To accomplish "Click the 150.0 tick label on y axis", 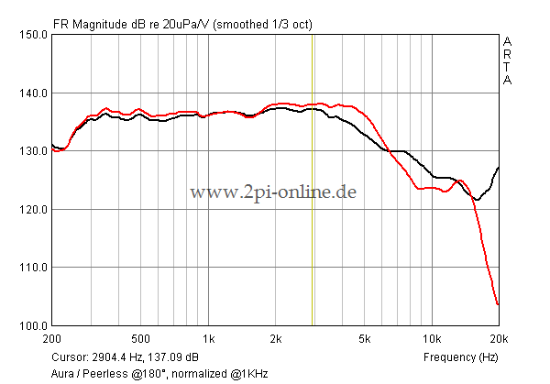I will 32,35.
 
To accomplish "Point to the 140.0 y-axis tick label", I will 32,93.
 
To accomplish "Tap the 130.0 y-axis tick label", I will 32,151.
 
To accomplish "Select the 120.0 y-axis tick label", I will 32,209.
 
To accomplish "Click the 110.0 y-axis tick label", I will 32,268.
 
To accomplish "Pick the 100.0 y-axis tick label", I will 32,325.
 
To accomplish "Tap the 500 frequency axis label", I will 140,338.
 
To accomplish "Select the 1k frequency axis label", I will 209,338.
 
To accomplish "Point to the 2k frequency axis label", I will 276,338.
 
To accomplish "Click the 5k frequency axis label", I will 365,338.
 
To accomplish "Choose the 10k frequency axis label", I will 432,338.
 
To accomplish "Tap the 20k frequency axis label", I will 499,338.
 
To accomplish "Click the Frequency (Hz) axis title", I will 460,356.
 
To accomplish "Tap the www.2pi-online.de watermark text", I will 272,192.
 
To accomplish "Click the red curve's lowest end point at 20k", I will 498,304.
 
